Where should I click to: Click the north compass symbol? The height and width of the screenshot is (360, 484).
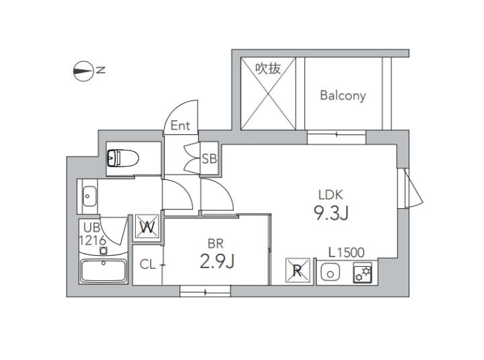pos(83,71)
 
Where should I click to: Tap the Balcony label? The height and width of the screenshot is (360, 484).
pos(343,95)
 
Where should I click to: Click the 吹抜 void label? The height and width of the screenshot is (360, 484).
pos(268,69)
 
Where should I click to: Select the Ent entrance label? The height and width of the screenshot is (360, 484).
pos(180,125)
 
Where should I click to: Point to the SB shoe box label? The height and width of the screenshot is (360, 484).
pos(209,159)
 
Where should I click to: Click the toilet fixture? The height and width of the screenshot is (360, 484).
pos(123,158)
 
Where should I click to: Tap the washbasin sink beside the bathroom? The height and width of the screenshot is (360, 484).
pos(89,196)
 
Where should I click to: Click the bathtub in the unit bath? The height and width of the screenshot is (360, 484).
pos(104,271)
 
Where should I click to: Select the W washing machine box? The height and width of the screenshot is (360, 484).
pos(147,227)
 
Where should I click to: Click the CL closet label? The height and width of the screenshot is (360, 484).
pos(148,265)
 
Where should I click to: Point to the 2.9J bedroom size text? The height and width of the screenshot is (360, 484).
pos(217,262)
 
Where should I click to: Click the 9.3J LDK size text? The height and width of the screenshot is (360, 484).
pos(331,213)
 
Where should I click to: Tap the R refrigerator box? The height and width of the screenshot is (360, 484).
pos(297,270)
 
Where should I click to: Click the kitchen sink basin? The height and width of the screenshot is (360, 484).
pos(330,273)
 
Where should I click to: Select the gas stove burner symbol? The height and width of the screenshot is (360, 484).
pos(362,273)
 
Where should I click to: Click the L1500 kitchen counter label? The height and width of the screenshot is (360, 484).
pos(346,253)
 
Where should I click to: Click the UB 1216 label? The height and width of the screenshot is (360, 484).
pos(92,234)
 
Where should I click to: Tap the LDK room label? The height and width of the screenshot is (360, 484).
pos(331,195)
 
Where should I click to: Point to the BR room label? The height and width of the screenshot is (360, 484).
pos(216,244)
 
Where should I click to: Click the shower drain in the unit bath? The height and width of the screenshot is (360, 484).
pos(104,251)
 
